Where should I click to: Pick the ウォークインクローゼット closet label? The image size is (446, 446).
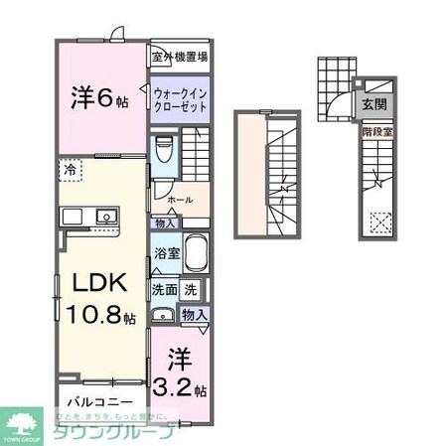click(x=180, y=100)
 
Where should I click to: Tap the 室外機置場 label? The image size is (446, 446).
click(x=180, y=57)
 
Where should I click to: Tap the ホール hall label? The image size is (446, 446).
click(x=180, y=200)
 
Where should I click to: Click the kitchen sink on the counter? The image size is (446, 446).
click(x=102, y=216)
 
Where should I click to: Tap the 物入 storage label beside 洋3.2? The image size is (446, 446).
click(x=195, y=314)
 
